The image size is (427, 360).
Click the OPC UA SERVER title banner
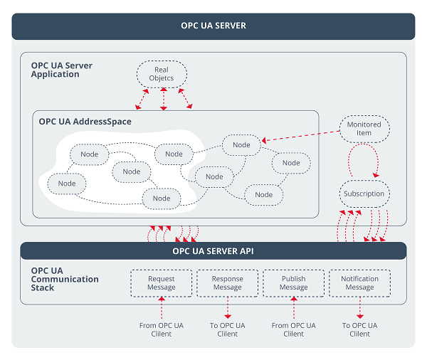click(213, 26)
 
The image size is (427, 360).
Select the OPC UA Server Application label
click(62, 70)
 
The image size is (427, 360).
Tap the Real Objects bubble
click(162, 74)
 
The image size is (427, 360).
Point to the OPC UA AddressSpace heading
click(85, 122)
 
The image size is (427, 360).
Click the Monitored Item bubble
click(364, 129)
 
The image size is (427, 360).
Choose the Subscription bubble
click(364, 194)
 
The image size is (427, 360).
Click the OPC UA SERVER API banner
click(213, 251)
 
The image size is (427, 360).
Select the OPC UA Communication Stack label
click(65, 280)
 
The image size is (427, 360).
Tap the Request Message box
click(162, 283)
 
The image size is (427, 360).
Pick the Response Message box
click(228, 283)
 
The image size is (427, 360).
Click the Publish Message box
click(293, 283)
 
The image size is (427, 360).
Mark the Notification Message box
click(359, 283)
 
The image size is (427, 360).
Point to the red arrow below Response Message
click(228, 308)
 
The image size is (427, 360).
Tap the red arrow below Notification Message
click(359, 308)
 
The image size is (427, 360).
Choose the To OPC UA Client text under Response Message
click(228, 329)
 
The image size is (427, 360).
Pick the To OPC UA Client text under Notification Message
click(359, 329)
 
